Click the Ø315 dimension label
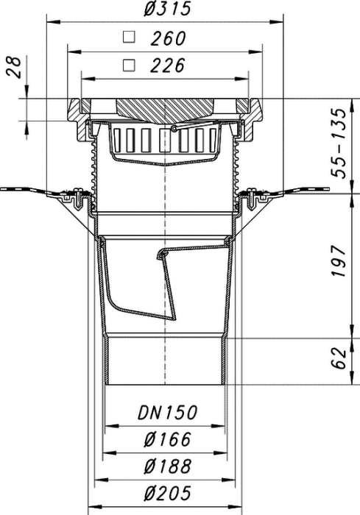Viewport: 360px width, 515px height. click(167, 9)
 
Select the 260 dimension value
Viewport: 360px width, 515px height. click(169, 38)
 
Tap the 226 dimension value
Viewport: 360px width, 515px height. click(168, 65)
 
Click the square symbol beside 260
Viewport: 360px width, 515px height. click(129, 37)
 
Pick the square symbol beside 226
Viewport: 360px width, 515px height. click(129, 65)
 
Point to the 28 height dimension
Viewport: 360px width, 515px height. click(14, 67)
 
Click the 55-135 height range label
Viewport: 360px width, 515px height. click(339, 143)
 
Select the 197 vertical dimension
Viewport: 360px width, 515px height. click(339, 260)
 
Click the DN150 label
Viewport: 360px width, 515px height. click(167, 413)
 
